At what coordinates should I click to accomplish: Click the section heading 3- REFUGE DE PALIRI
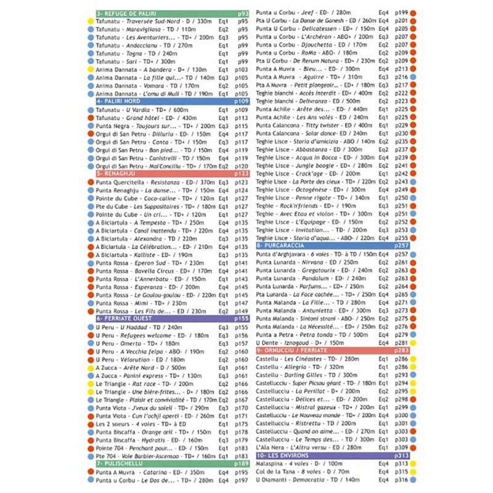tap(126, 13)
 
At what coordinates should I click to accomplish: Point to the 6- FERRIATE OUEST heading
tap(124, 319)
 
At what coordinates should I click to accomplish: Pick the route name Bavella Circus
tap(155, 271)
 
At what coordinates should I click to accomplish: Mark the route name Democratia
tap(311, 479)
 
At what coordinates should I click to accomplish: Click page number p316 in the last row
tap(401, 479)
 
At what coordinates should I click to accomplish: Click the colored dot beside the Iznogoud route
tap(414, 342)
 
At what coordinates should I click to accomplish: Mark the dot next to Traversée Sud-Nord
tap(91, 21)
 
